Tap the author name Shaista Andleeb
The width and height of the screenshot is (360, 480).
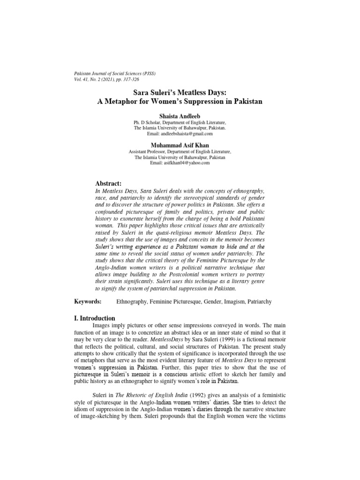(x=180, y=115)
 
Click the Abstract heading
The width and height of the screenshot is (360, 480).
(x=108, y=183)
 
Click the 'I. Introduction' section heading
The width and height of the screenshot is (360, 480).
(x=95, y=318)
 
